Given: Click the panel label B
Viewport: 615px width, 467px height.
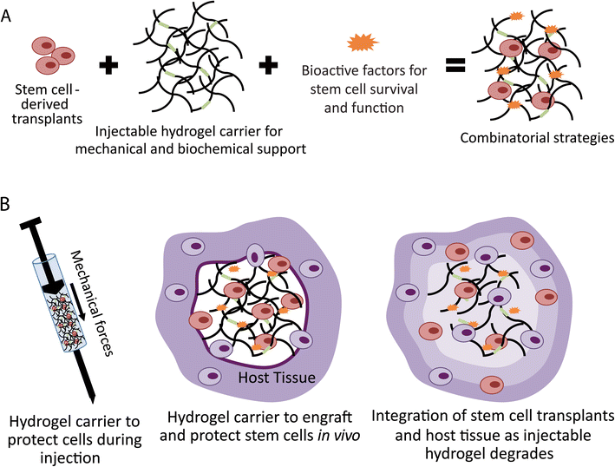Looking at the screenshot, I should pos(9,207).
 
